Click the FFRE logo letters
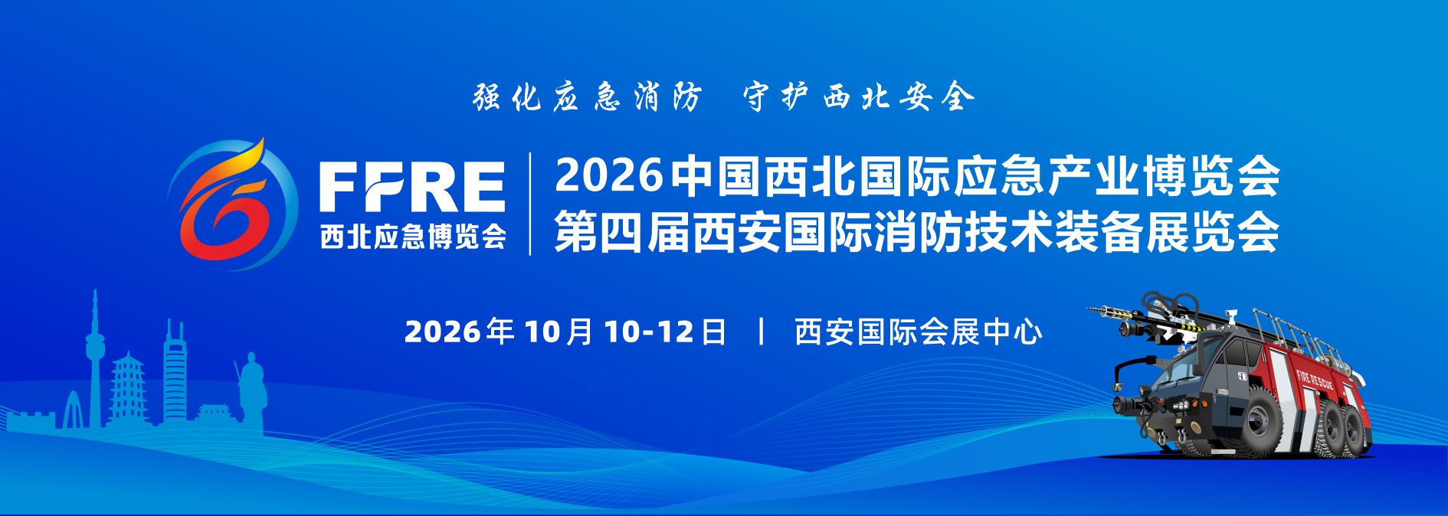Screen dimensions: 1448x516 411,186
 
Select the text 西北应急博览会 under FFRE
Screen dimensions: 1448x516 413,235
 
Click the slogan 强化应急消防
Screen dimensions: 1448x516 587,97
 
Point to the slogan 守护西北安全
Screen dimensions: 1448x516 859,97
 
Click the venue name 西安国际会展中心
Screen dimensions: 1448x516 919,331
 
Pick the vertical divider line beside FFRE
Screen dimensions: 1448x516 530,204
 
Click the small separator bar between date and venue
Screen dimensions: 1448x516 761,331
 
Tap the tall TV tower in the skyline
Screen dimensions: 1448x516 94,360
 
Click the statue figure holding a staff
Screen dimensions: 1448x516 250,390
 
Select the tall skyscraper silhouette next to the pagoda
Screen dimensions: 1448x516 175,371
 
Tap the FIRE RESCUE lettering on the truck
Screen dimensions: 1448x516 1315,380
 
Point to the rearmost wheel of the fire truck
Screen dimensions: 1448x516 1355,429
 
